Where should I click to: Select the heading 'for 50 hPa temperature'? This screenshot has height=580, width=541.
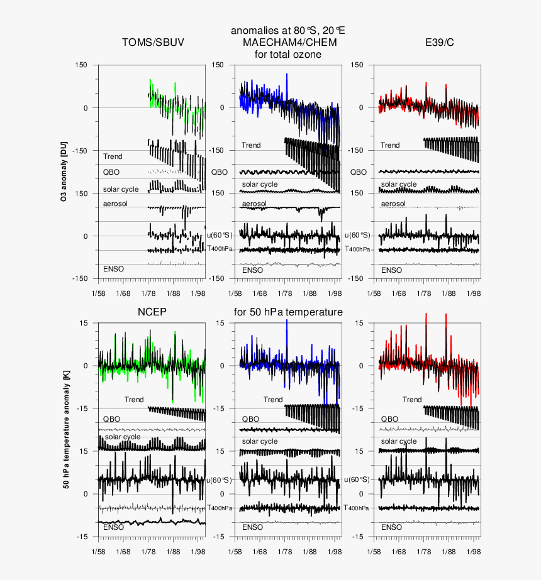pos(288,312)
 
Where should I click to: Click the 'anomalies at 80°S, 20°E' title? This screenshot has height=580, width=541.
pos(288,30)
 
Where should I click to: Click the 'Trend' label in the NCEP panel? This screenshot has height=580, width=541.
pos(134,400)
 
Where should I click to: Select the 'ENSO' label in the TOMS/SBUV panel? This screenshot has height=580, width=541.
pos(113,269)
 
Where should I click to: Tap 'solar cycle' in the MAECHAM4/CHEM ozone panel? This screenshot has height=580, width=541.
pos(260,184)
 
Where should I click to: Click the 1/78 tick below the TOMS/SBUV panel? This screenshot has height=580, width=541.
pos(148,293)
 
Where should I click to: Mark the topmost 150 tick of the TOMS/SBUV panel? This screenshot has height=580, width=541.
pos(81,65)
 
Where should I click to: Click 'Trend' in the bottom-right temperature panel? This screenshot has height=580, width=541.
pos(412,400)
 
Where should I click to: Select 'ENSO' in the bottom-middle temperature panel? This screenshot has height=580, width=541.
pos(252,527)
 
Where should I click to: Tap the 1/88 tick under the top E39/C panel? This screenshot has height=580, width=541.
pos(449,293)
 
